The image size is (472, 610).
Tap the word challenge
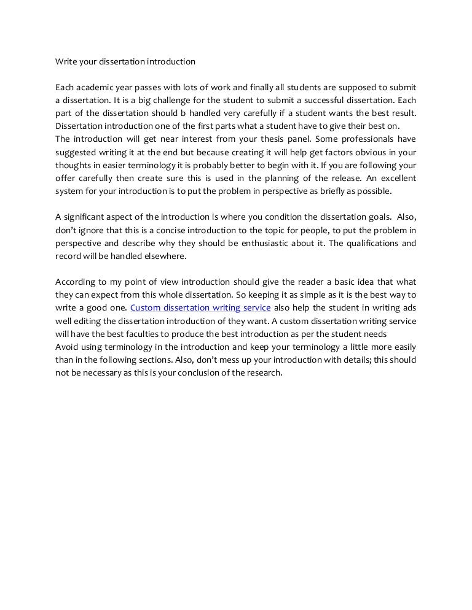click(179, 100)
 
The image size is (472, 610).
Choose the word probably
click(247, 165)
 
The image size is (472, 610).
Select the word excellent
click(395, 178)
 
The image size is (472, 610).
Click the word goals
click(376, 217)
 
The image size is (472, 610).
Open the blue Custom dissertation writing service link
click(200, 308)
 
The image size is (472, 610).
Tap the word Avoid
click(66, 347)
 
